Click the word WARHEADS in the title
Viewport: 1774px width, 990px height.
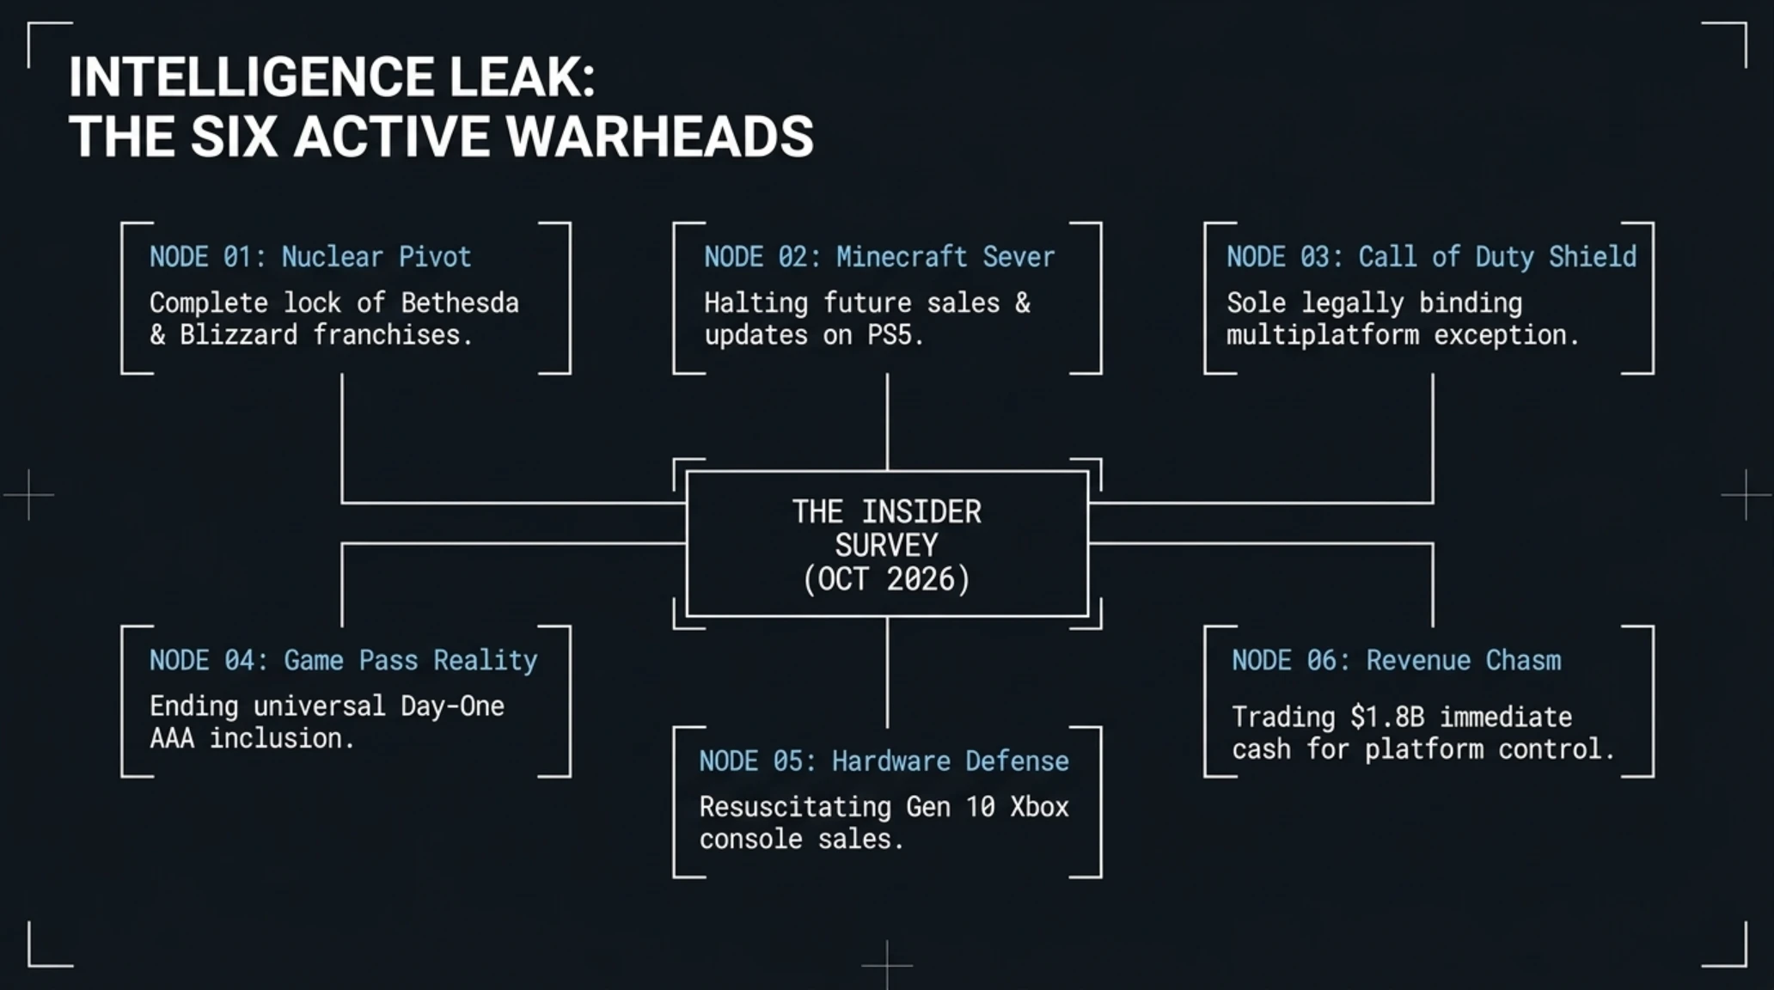tap(660, 137)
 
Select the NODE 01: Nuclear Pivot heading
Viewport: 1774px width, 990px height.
tap(310, 257)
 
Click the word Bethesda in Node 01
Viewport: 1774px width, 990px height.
tap(460, 302)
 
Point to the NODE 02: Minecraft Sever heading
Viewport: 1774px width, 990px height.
tap(879, 257)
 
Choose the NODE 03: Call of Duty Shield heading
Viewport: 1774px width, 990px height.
tap(1432, 257)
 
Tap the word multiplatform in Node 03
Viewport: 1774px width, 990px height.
tap(1323, 334)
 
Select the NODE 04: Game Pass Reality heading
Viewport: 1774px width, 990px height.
tap(344, 660)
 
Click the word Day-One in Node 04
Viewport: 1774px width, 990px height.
tap(453, 706)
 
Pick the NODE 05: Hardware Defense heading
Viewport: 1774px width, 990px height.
tap(884, 761)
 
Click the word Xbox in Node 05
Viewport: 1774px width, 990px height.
tap(1039, 806)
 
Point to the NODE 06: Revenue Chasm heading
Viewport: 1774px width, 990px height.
tap(1397, 660)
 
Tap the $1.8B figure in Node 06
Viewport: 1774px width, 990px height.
tap(1387, 716)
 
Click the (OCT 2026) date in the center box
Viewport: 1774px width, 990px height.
tap(887, 578)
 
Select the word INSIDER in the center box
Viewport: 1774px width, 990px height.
tap(921, 512)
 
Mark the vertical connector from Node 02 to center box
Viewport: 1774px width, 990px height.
tap(887, 422)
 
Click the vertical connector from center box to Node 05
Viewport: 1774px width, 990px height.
tap(887, 672)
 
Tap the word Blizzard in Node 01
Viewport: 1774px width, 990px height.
tap(238, 334)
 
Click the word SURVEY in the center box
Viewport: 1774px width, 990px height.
tap(887, 546)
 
